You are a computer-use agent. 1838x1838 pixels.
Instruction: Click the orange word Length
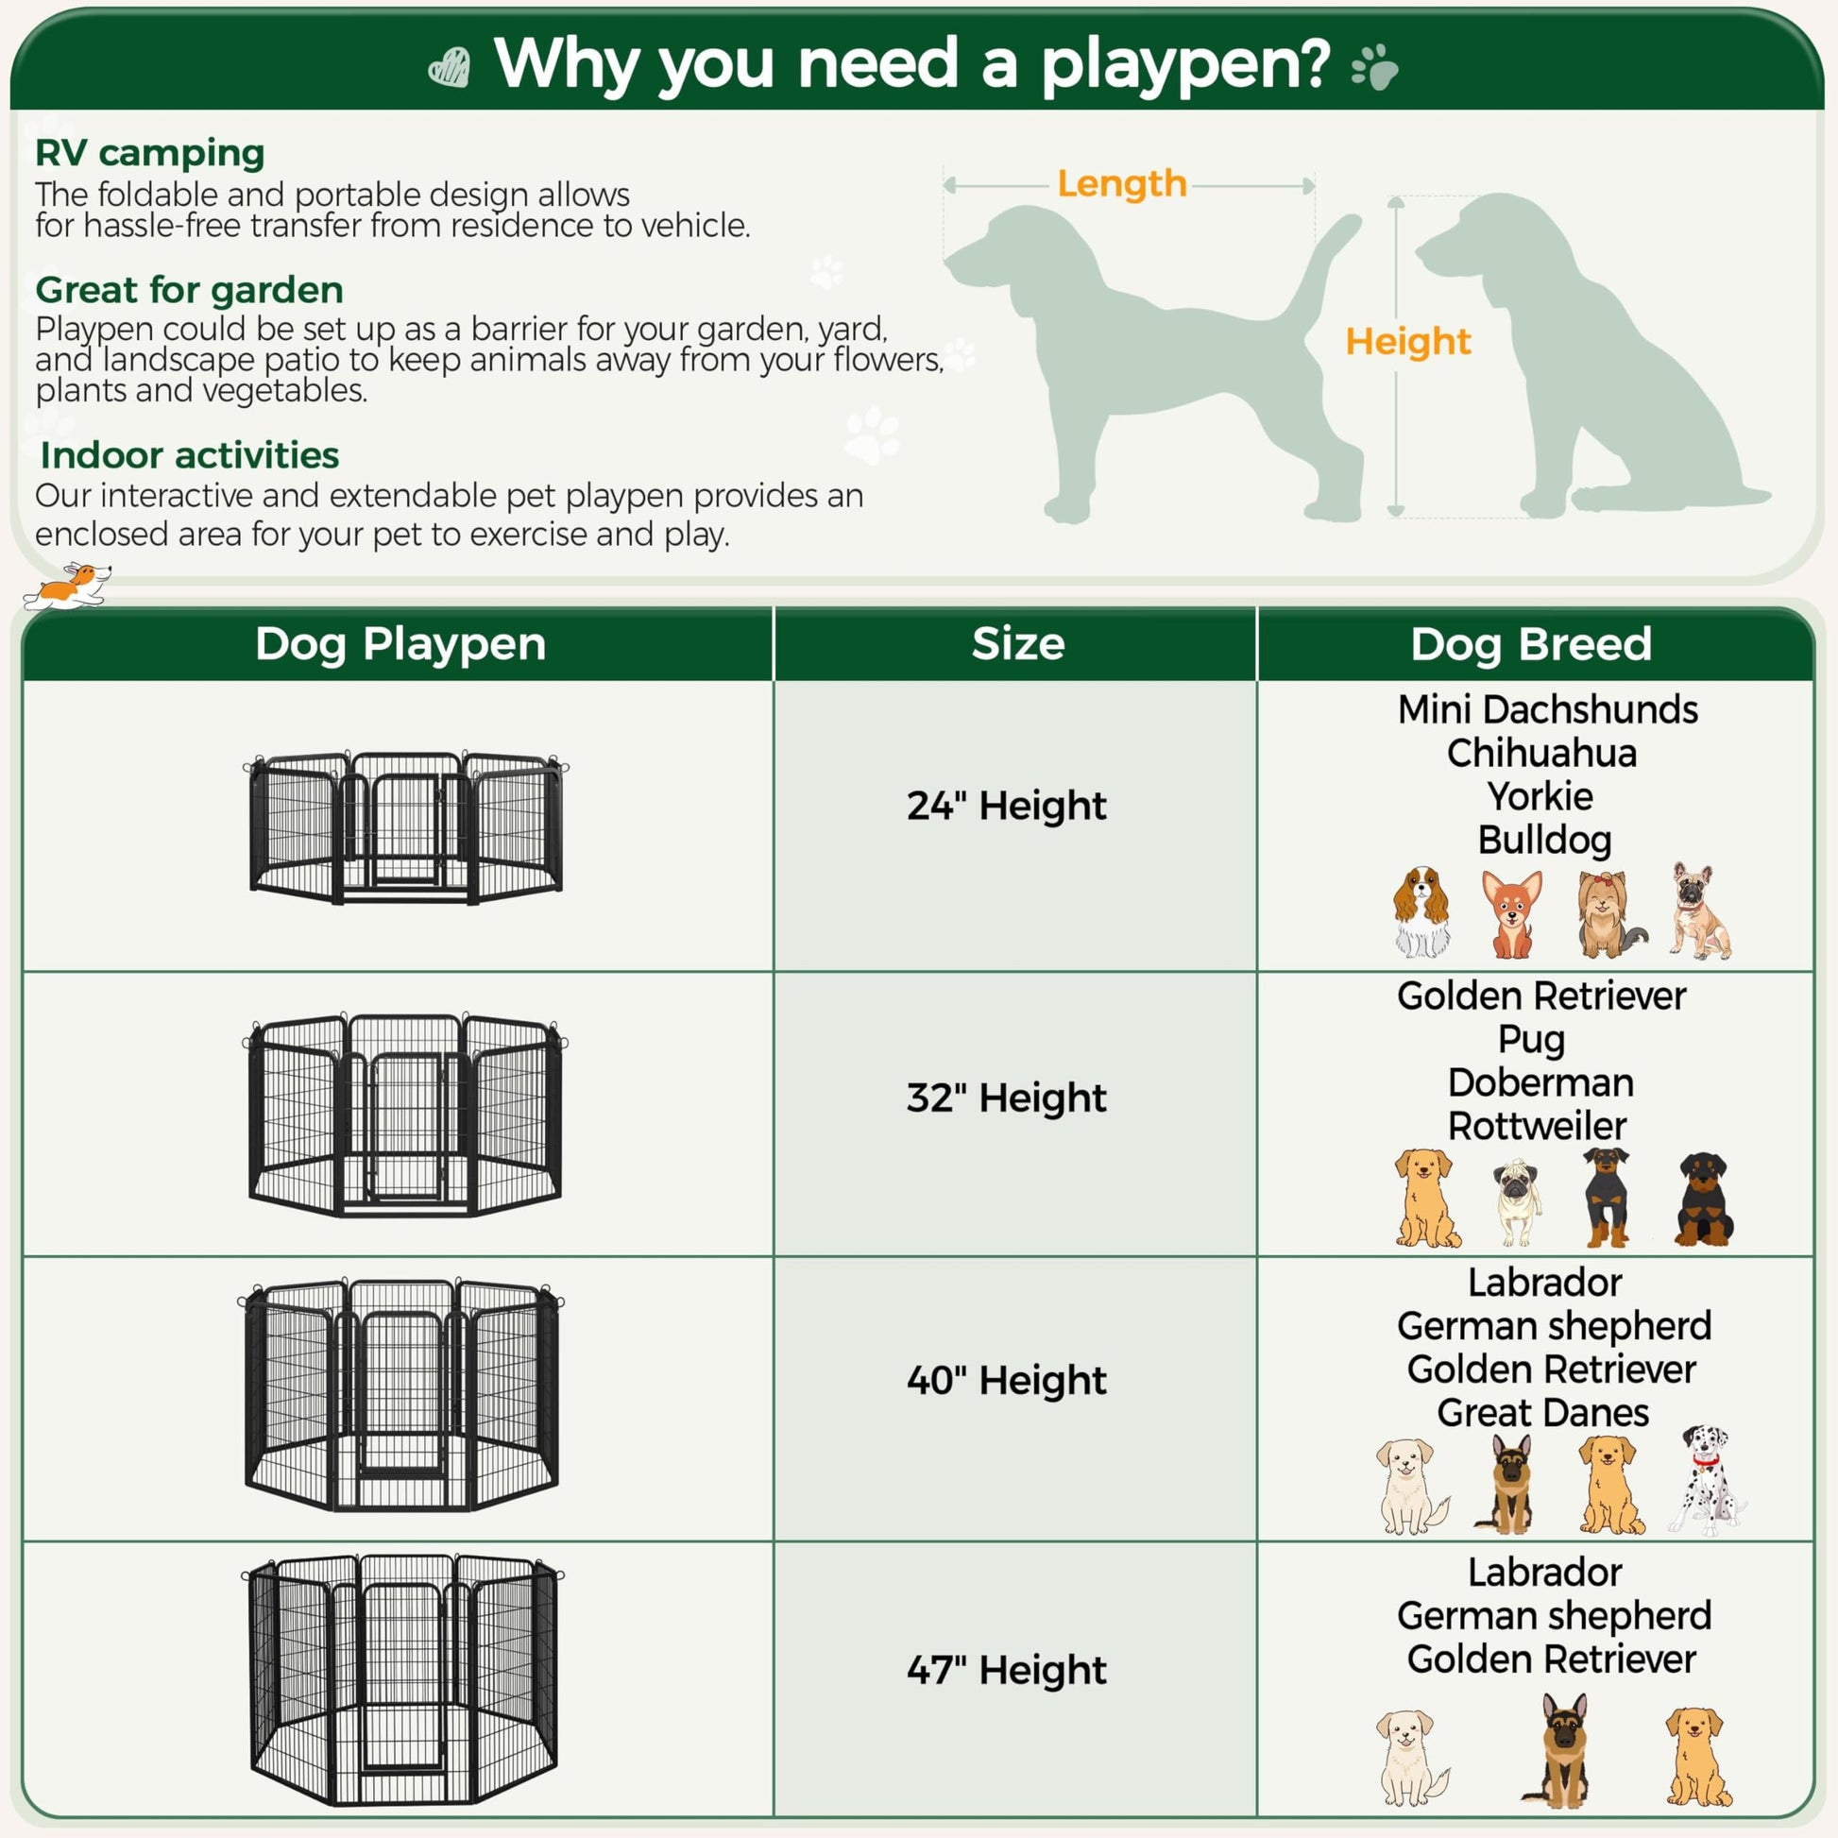coord(1122,183)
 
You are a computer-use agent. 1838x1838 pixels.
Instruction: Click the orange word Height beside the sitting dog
coord(1408,342)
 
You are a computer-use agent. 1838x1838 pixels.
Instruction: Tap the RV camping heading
coord(150,153)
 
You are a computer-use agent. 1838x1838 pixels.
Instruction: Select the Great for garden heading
coord(189,290)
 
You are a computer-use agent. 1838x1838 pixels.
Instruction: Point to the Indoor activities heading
coord(189,454)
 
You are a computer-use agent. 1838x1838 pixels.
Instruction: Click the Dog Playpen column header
coord(400,645)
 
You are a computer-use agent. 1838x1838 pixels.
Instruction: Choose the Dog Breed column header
coord(1531,644)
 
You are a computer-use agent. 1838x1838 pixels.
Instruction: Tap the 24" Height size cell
coord(1007,806)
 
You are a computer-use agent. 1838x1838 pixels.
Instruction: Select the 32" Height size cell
coord(1007,1098)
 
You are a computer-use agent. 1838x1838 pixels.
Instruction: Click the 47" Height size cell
coord(1007,1670)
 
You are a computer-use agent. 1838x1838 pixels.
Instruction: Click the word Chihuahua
coord(1542,753)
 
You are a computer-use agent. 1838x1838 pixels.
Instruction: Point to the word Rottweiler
coord(1538,1126)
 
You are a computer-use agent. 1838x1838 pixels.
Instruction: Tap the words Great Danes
coord(1543,1413)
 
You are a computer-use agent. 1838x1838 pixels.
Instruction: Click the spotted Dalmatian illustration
coord(1707,1481)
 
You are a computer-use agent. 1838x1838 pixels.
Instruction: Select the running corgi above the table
coord(67,586)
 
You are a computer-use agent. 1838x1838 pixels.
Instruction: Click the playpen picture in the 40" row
coord(400,1396)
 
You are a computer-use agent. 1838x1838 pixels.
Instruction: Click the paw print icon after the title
coord(1374,68)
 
